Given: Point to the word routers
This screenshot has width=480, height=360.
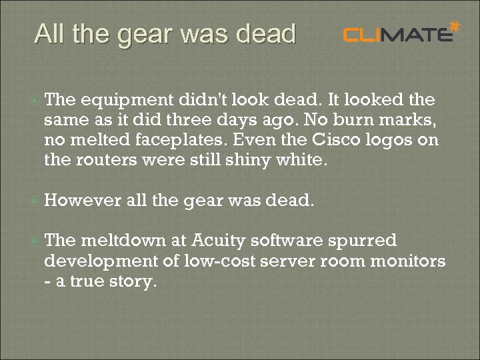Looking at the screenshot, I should pyautogui.click(x=101, y=160).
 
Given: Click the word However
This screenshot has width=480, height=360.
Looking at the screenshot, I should pyautogui.click(x=82, y=201).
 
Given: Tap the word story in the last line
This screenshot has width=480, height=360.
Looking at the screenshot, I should pyautogui.click(x=133, y=281).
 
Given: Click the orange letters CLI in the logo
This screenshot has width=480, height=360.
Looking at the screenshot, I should pyautogui.click(x=365, y=34).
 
